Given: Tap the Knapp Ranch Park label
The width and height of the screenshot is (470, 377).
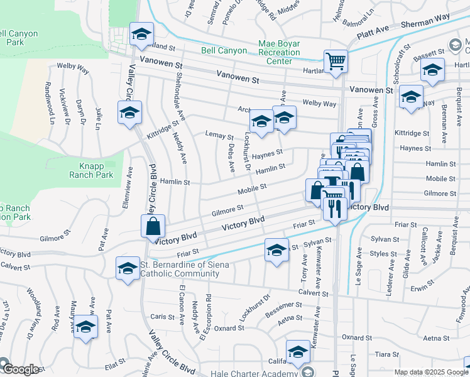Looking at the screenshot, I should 96,170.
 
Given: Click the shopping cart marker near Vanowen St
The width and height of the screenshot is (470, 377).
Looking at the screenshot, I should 336,62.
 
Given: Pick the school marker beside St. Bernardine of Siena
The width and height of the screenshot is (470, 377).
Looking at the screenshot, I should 128,268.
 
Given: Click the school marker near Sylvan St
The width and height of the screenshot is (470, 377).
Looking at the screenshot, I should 276,250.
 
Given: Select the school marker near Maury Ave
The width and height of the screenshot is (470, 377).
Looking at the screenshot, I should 86,327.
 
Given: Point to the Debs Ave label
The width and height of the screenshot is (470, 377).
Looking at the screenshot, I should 231,160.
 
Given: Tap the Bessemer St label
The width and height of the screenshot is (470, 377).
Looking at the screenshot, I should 284,309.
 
